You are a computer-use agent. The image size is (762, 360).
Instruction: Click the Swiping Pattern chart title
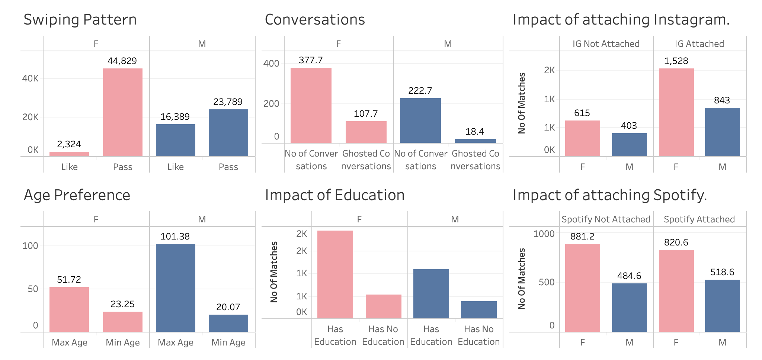coord(80,20)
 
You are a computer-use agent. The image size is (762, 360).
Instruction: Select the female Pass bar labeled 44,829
coord(123,112)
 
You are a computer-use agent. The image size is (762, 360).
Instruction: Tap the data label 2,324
coord(69,144)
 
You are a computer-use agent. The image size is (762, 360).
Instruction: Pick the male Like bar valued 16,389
coord(175,140)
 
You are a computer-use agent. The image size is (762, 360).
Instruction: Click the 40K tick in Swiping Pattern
coord(30,78)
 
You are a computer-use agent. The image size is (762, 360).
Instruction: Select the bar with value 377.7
coord(311,105)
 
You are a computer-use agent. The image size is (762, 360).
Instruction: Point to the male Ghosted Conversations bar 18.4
coord(475,141)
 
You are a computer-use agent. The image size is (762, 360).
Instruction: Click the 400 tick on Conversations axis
coord(271,64)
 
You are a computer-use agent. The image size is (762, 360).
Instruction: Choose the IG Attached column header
coord(699,44)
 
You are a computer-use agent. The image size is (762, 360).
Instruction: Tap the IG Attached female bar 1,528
coord(676,112)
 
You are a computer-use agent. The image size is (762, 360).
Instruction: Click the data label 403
coord(629,126)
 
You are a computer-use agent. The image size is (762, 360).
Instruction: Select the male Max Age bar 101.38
coord(175,287)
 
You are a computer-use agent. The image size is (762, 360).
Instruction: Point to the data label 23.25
coord(122,304)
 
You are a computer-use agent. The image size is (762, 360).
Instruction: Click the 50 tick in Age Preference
coord(33,289)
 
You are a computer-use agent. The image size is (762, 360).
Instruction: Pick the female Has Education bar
coord(335,274)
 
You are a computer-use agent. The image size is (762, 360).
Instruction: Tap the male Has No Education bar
coord(478,309)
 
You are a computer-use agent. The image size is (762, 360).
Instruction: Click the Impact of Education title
coord(334,195)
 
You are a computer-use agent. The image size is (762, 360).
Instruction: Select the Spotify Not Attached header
coord(606,219)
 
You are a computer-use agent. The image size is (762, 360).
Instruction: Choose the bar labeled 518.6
coord(722,305)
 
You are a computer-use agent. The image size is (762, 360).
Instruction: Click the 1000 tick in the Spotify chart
coord(544,234)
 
